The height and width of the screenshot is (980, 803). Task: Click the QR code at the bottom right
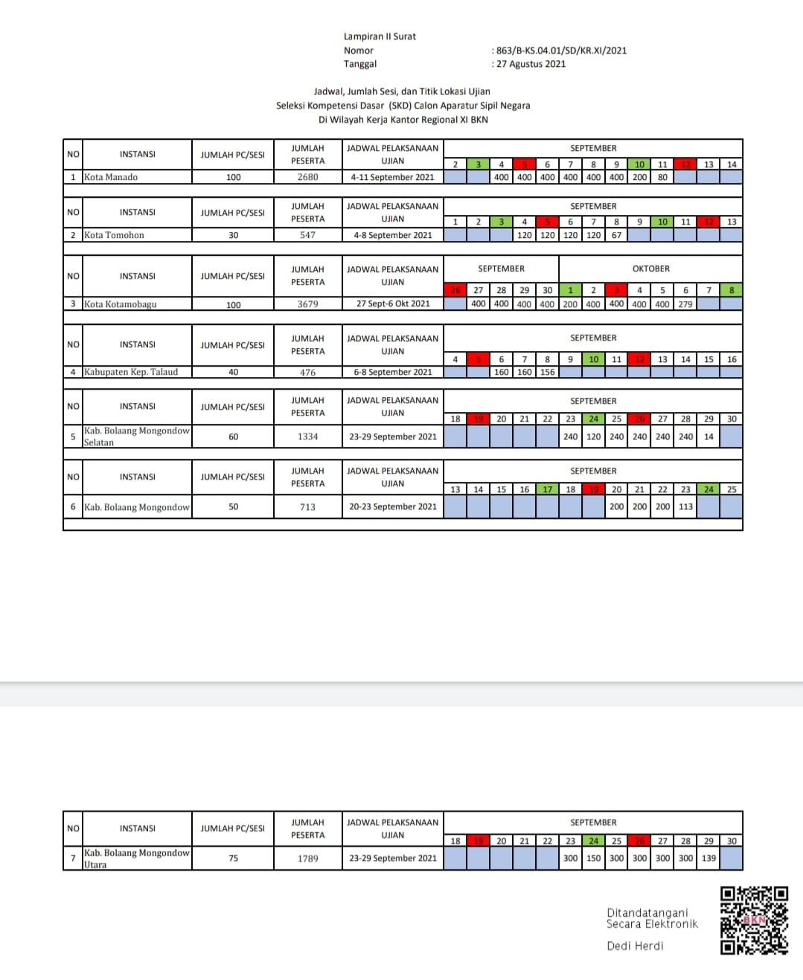(x=754, y=920)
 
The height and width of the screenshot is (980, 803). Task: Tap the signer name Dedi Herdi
(x=635, y=946)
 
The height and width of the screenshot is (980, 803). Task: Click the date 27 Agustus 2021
(x=531, y=64)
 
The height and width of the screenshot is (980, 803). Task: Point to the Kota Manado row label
(x=111, y=177)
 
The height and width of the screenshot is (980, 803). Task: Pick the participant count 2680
(x=307, y=177)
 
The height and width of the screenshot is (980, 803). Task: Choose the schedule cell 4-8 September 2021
(x=393, y=235)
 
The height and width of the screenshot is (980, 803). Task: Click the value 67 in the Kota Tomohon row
(x=616, y=235)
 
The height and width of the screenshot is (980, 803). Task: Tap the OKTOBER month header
(x=650, y=268)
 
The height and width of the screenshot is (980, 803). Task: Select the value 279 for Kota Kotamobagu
(x=685, y=304)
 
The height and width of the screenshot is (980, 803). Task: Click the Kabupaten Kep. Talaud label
(x=131, y=372)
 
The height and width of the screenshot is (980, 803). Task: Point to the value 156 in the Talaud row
(x=548, y=372)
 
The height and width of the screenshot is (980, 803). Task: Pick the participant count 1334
(x=307, y=436)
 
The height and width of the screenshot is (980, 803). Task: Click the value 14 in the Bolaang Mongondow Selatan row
(x=708, y=436)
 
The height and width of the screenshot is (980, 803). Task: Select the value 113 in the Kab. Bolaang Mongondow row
(x=685, y=506)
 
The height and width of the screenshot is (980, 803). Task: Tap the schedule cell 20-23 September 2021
(x=393, y=506)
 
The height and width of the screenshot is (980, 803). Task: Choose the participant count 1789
(x=307, y=858)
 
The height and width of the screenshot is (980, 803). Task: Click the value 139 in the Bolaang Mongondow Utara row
(x=708, y=858)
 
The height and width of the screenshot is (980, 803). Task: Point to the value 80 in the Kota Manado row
(x=662, y=177)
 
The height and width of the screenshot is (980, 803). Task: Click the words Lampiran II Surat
(x=380, y=36)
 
